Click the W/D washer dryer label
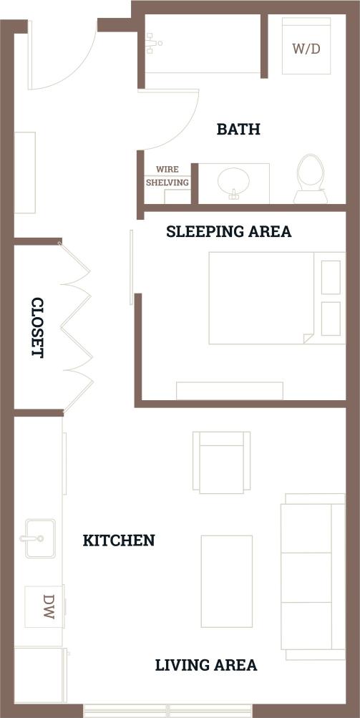[x=306, y=49]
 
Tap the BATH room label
[x=238, y=130]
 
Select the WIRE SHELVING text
[x=167, y=176]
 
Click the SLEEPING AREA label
[x=228, y=232]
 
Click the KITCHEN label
[x=119, y=540]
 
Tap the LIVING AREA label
[x=206, y=665]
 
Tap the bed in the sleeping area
[x=276, y=297]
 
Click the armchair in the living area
[x=222, y=462]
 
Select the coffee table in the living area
[x=226, y=580]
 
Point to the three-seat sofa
[x=313, y=576]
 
